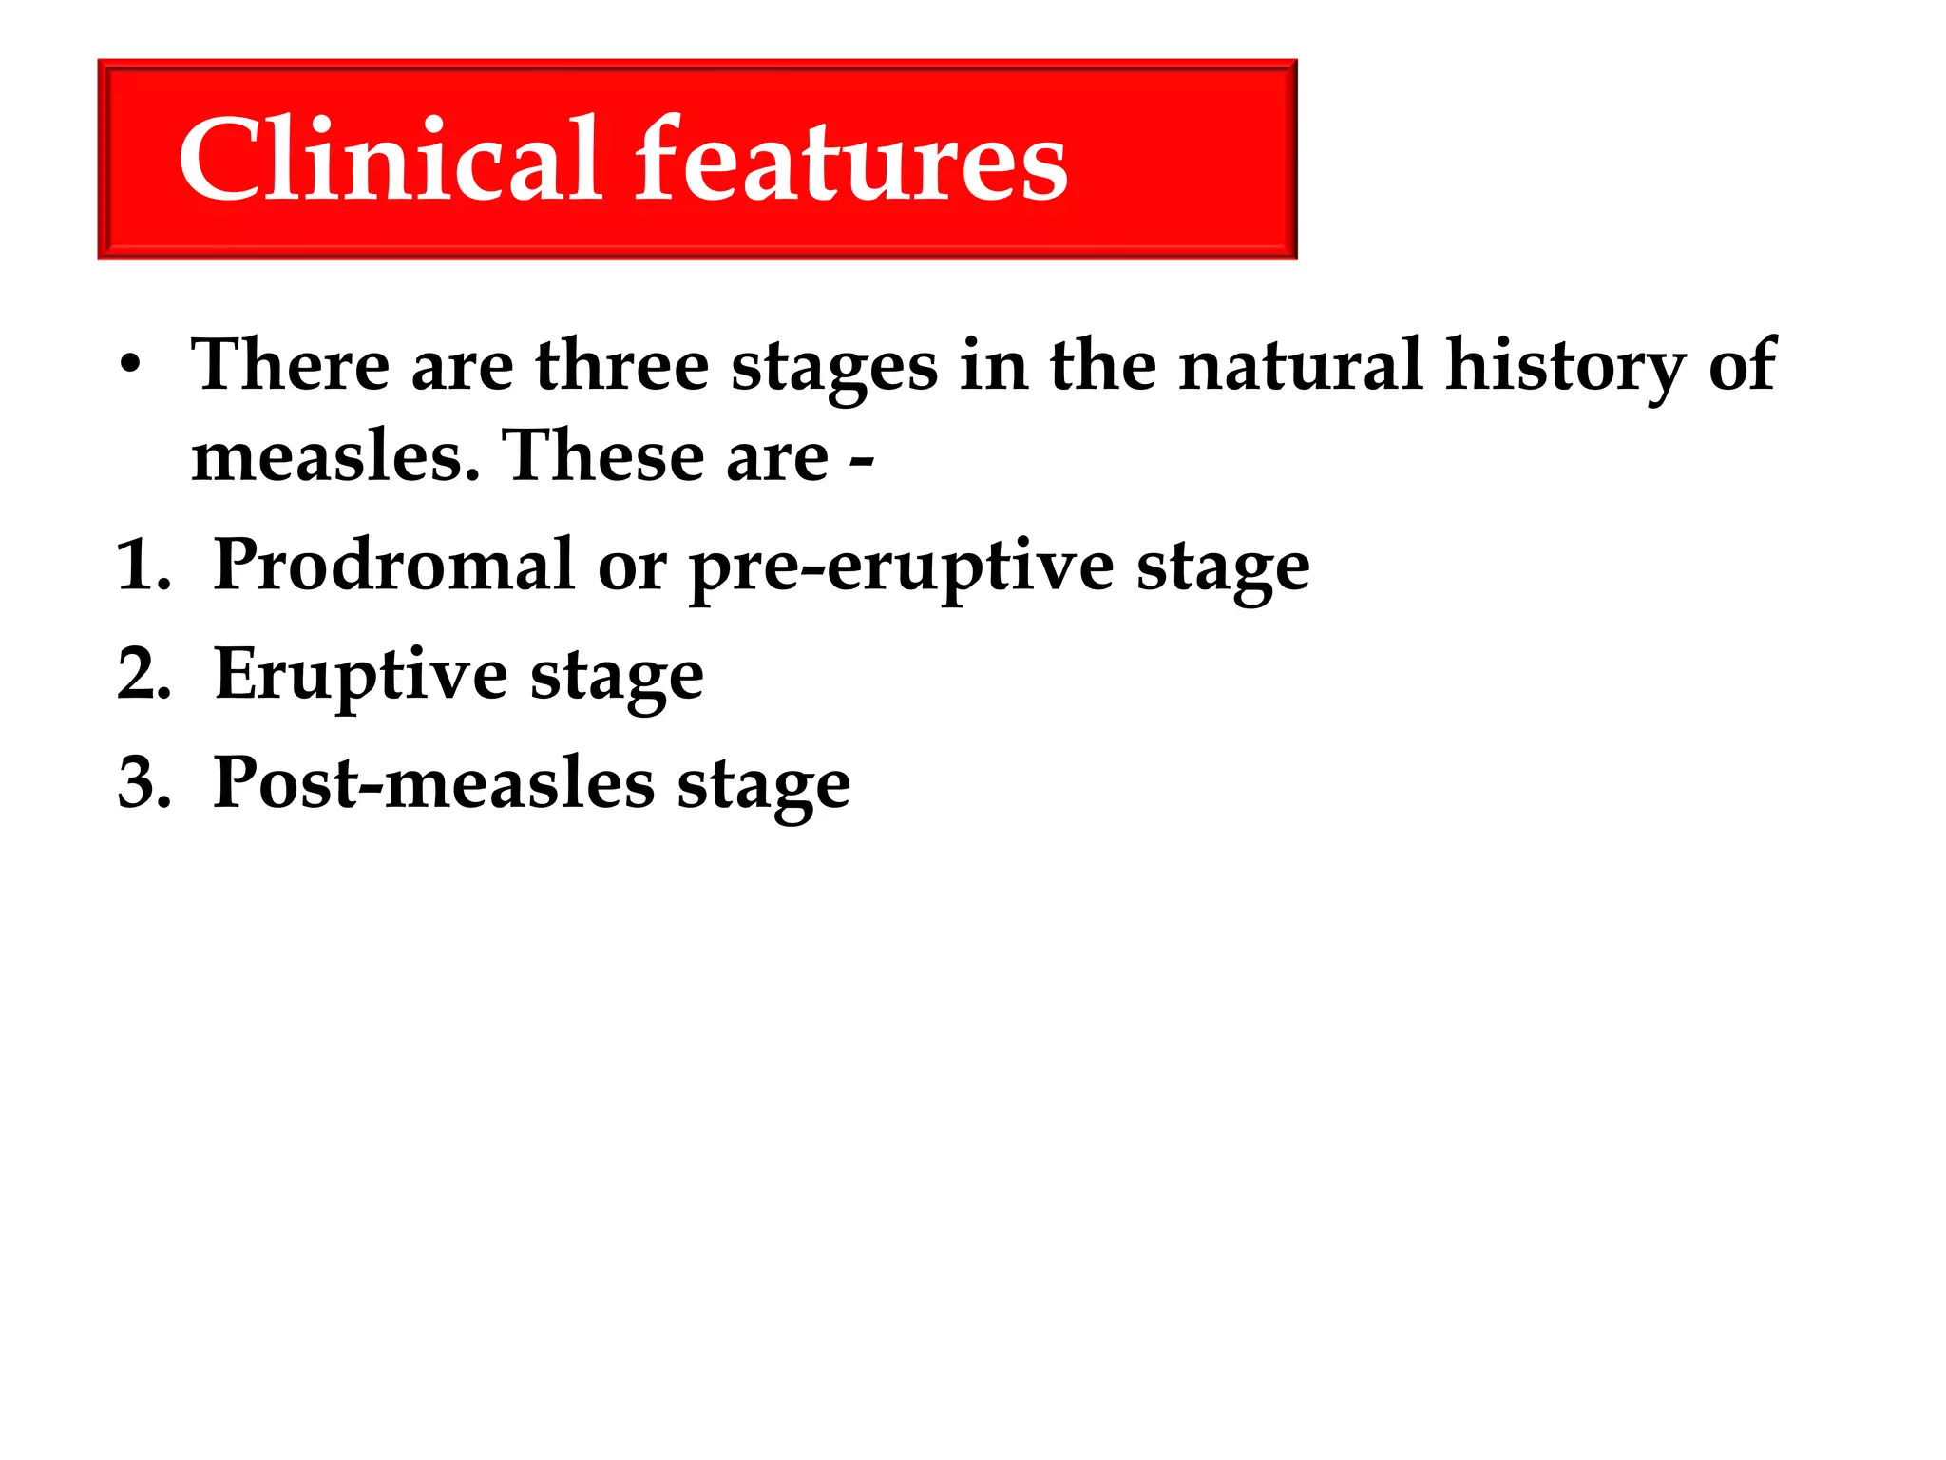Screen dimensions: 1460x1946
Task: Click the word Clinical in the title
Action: coord(390,160)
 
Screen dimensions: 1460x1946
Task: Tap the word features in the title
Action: coord(851,160)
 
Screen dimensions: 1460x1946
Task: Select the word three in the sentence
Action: coord(622,366)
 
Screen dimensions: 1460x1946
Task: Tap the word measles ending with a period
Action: coord(335,457)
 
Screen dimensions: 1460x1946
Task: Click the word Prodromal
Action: coord(394,566)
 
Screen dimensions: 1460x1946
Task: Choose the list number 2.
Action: coord(143,676)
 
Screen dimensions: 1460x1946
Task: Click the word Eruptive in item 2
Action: coord(361,676)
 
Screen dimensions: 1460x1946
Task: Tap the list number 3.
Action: coord(143,785)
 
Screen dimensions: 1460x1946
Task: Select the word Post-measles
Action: coord(433,784)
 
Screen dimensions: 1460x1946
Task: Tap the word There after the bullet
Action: coord(290,366)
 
